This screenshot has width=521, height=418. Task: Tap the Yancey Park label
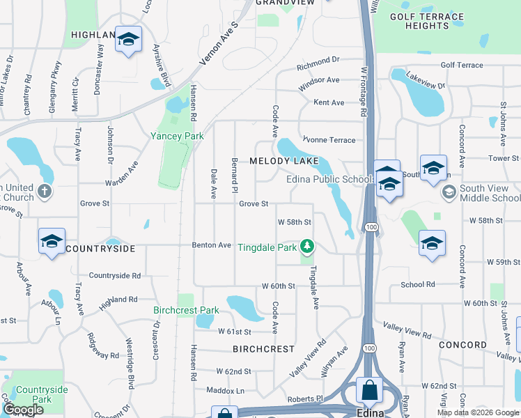tap(178, 136)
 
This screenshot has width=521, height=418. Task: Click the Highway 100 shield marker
tap(371, 228)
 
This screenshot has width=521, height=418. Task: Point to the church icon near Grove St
tap(45, 192)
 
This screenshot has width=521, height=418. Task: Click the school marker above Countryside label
tap(52, 241)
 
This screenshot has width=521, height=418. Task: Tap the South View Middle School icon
tap(449, 190)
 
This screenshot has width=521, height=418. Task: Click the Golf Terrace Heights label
tap(426, 21)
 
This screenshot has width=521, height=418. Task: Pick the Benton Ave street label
tap(212, 245)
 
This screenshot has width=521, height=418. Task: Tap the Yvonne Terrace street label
tap(328, 140)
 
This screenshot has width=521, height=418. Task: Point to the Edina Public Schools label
tap(331, 179)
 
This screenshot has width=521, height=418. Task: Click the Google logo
tap(23, 410)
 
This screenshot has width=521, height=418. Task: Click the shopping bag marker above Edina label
tap(369, 390)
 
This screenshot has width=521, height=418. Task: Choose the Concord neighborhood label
tap(462, 345)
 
